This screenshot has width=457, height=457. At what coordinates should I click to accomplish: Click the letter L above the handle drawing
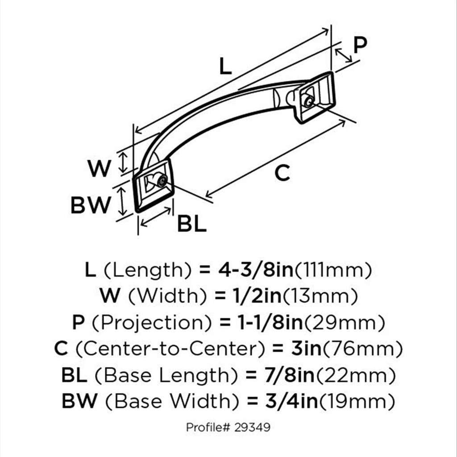(226, 66)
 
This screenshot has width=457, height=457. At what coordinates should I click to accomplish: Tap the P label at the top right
(360, 44)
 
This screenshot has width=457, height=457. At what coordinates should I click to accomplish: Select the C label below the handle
(282, 173)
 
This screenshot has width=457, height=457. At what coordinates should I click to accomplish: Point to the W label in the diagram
(99, 169)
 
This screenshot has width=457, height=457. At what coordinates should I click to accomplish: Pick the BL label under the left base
(192, 224)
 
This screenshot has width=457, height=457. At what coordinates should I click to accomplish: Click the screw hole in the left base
(162, 181)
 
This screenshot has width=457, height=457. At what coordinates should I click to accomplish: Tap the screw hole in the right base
(308, 101)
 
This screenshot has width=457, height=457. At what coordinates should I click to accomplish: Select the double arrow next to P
(343, 55)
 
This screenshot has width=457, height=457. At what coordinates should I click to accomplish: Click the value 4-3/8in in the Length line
(256, 270)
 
